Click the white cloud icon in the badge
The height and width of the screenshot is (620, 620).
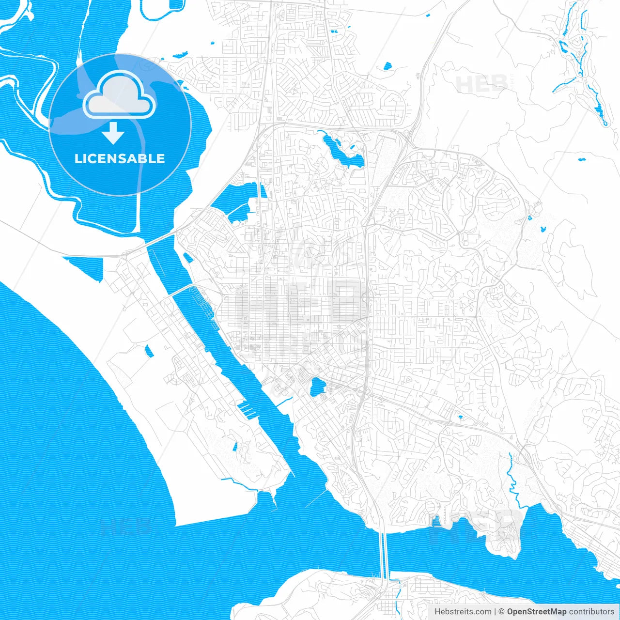click(119, 97)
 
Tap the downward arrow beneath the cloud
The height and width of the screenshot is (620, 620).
click(113, 134)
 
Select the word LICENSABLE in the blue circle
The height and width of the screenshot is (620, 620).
click(120, 158)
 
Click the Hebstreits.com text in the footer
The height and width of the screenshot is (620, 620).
click(463, 612)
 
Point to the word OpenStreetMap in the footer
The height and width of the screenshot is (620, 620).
click(536, 612)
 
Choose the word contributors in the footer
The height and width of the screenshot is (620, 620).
click(591, 612)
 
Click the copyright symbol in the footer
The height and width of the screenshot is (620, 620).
click(502, 612)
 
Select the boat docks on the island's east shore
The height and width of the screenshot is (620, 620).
click(247, 409)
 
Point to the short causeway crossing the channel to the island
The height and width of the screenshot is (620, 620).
click(182, 289)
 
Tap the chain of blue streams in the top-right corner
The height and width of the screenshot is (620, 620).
click(579, 63)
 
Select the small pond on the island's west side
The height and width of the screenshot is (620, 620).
click(150, 350)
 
